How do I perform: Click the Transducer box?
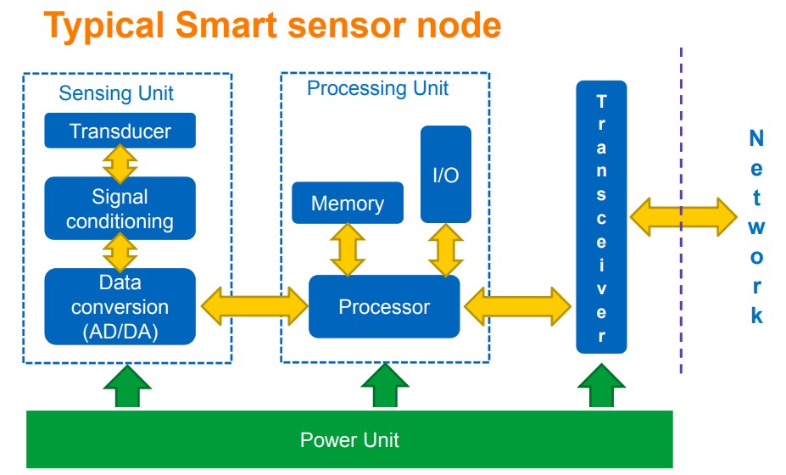click(120, 131)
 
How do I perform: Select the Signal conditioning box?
click(120, 209)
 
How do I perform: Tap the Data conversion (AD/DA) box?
click(120, 306)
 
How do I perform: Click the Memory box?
click(347, 204)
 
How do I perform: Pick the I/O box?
click(445, 175)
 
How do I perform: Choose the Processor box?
click(383, 306)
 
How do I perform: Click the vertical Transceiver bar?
click(601, 217)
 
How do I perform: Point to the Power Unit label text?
click(349, 439)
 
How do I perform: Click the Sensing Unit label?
click(116, 92)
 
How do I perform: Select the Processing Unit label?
click(377, 88)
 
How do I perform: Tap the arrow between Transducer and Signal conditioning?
click(120, 163)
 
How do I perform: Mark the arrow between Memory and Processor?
click(347, 249)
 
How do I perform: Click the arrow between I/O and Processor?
click(445, 249)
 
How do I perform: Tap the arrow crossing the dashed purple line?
click(683, 216)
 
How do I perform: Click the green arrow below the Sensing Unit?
click(127, 388)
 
